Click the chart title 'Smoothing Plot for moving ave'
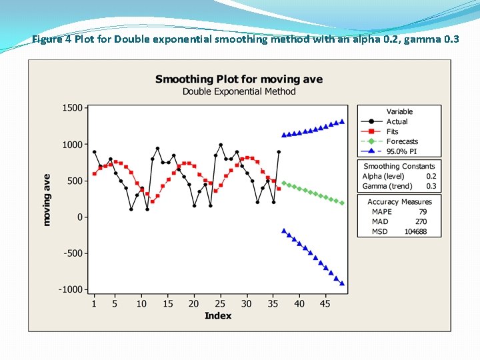click(x=239, y=79)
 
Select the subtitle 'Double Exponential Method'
click(x=239, y=91)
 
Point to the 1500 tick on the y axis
click(x=72, y=107)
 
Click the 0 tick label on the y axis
click(x=79, y=217)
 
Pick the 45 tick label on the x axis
click(x=325, y=304)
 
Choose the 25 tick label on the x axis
click(x=220, y=304)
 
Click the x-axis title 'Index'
click(x=218, y=315)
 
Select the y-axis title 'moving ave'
click(x=47, y=199)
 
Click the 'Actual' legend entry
click(x=397, y=121)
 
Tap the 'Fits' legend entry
click(x=392, y=131)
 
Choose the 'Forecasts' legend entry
click(x=402, y=141)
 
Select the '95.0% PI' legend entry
click(x=402, y=151)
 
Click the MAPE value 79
click(x=423, y=212)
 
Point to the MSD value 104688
click(x=415, y=232)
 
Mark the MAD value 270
click(x=421, y=222)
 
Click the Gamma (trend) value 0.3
click(x=431, y=186)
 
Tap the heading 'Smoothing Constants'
click(x=399, y=166)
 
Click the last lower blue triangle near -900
click(x=342, y=283)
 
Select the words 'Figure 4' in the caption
click(x=51, y=39)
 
